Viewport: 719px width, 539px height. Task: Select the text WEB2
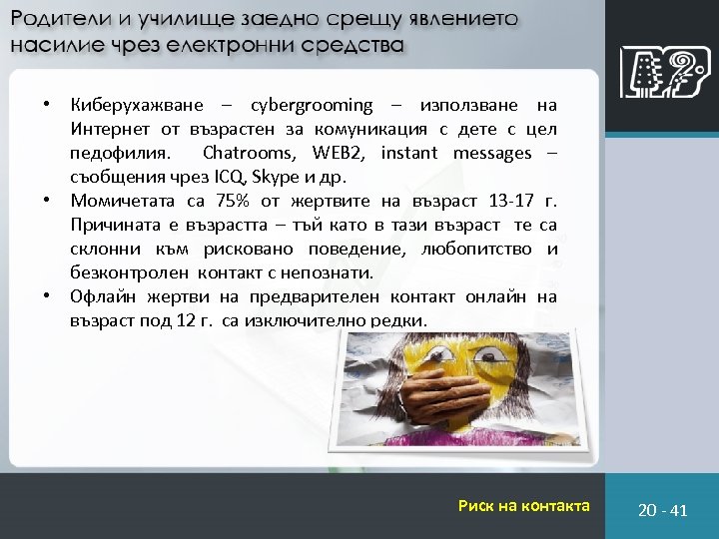338,154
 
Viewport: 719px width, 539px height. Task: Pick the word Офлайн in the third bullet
102,296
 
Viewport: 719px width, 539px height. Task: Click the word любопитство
471,249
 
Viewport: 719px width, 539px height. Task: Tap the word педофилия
120,154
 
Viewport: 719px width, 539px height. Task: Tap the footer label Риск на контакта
523,506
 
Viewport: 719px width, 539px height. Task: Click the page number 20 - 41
663,510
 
